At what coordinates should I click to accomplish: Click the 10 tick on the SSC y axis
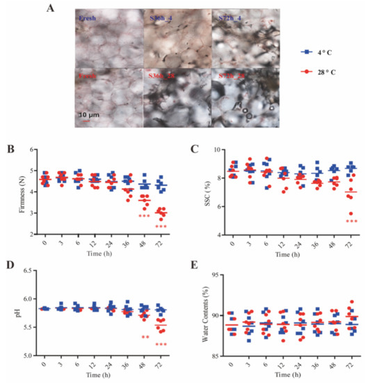[x=214, y=150]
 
